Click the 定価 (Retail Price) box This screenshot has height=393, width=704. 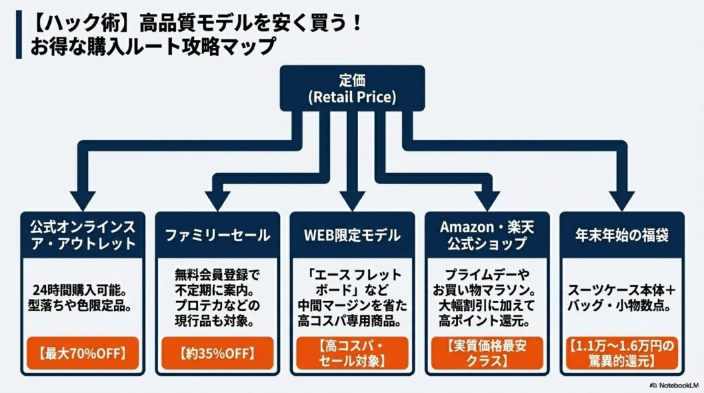[x=353, y=88]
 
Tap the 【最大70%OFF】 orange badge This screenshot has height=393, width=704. [x=82, y=354]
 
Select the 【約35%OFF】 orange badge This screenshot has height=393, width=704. [x=217, y=354]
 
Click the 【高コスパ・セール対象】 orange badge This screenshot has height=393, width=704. [x=352, y=354]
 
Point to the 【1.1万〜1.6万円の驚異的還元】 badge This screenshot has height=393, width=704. [x=622, y=354]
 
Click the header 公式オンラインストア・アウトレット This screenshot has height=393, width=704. [x=82, y=235]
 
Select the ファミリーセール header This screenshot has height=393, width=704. [x=217, y=235]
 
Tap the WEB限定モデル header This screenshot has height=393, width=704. [x=352, y=235]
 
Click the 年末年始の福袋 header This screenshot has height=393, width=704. [x=622, y=235]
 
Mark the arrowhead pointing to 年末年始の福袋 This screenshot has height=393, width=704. [x=622, y=199]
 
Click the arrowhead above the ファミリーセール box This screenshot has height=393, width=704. [x=217, y=199]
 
